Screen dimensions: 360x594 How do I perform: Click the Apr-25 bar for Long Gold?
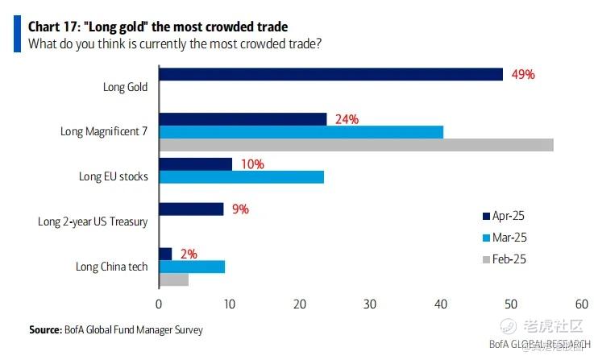[x=330, y=74]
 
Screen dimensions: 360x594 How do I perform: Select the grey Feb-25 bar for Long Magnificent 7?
[x=355, y=145]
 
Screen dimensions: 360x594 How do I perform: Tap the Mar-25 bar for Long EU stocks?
[x=241, y=177]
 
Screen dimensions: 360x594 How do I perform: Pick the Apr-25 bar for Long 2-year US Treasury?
[x=191, y=209]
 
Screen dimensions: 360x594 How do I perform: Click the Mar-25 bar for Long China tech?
[x=192, y=267]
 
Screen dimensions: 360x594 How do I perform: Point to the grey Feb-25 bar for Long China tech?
[x=173, y=279]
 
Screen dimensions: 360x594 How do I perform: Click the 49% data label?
[x=523, y=74]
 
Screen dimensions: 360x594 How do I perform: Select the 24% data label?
[x=347, y=119]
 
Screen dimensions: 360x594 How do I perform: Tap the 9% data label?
[x=240, y=209]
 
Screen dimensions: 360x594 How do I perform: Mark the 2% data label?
[x=188, y=254]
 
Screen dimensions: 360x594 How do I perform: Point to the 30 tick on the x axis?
[x=370, y=304]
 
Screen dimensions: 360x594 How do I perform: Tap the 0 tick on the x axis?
[x=159, y=304]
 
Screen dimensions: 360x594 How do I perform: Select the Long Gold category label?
[x=125, y=87]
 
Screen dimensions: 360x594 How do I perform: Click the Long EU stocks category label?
[x=113, y=176]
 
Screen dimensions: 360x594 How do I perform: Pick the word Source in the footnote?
[x=45, y=329]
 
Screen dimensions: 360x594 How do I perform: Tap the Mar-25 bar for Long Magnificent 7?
[x=301, y=132]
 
